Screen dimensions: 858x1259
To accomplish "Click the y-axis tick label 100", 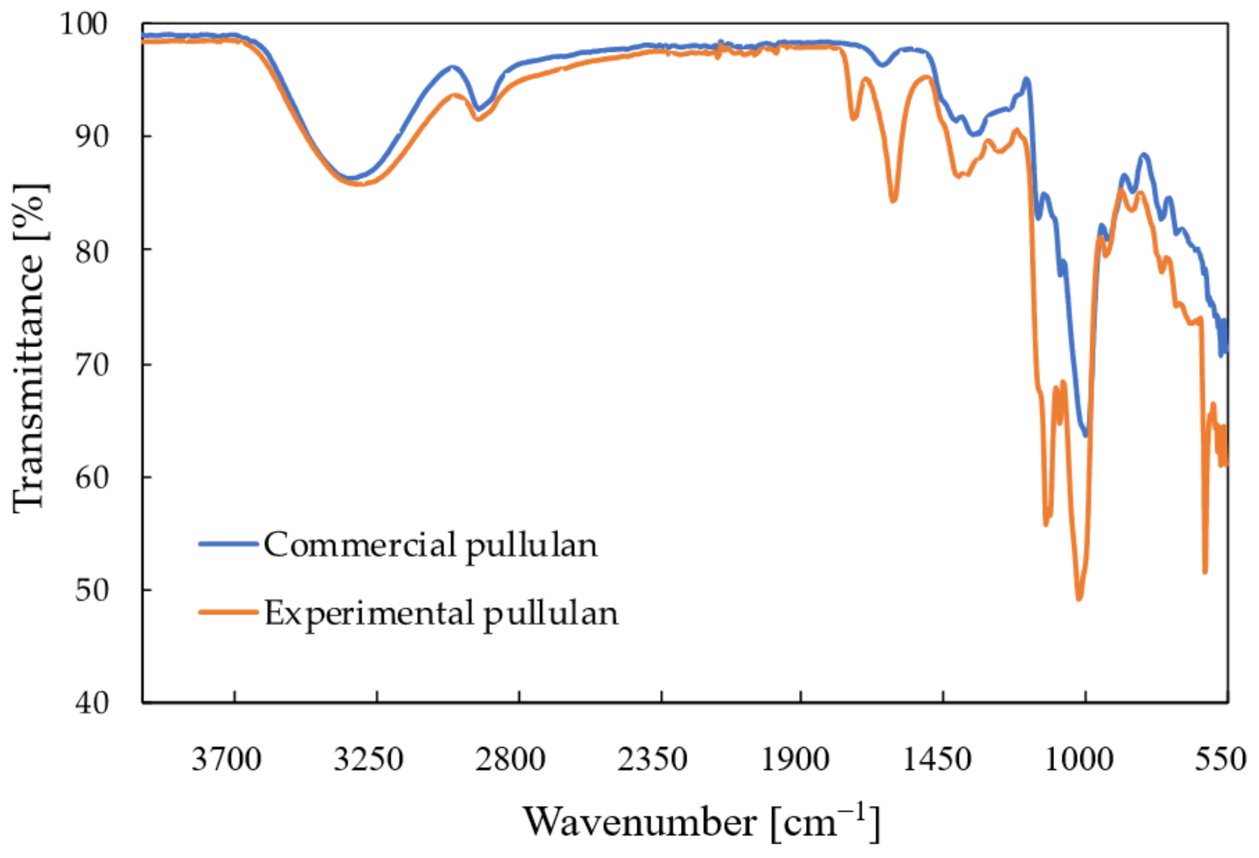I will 83,25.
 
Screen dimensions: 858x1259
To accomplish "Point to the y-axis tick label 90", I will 92,136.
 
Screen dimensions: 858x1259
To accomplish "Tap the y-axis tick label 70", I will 92,364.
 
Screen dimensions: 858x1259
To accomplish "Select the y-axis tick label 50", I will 92,590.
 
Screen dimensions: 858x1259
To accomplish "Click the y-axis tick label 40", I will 92,703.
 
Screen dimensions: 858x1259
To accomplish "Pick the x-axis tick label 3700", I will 226,759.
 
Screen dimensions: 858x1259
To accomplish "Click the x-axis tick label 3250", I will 368,759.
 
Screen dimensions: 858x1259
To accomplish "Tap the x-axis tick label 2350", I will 652,759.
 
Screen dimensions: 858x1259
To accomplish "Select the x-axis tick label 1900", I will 795,759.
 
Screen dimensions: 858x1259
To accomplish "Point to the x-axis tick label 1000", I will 1079,759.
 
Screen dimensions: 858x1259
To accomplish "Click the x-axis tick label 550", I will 1220,759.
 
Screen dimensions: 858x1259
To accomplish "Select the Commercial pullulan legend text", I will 430,545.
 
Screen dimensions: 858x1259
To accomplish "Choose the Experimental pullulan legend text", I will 441,614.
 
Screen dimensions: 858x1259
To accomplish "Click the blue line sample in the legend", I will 228,544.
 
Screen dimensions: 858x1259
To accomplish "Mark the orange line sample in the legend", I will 228,612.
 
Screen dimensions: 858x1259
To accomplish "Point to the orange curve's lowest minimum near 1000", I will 1079,599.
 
